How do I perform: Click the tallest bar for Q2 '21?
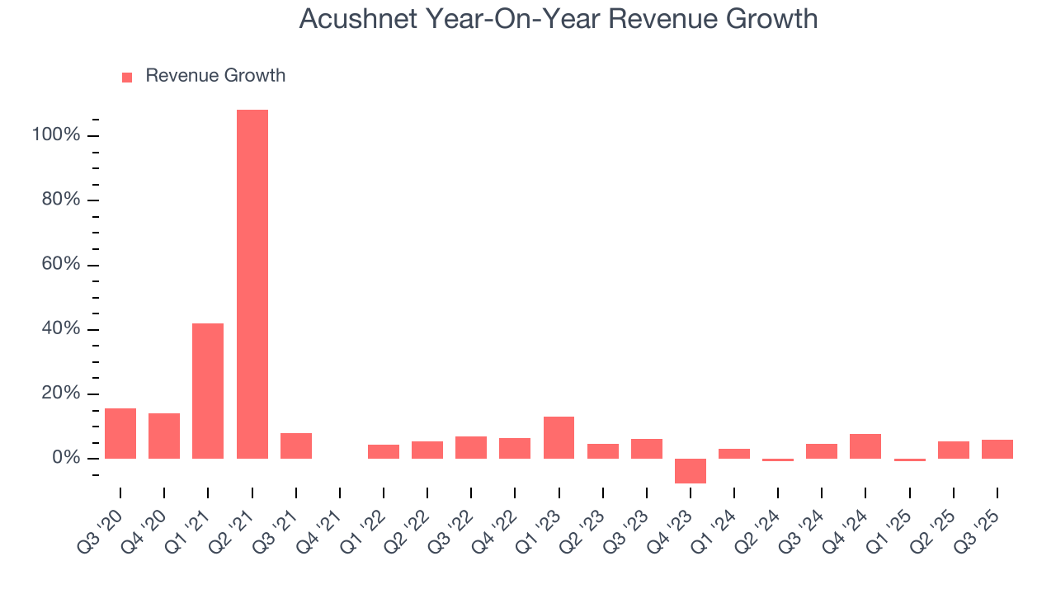[252, 284]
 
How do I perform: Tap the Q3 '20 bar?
[120, 433]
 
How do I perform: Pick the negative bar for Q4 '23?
[691, 470]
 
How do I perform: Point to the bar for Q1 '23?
[559, 437]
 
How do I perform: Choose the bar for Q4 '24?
[865, 445]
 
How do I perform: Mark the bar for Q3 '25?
[997, 449]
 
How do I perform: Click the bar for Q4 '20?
[164, 436]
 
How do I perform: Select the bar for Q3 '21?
[295, 445]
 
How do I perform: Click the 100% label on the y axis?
[56, 135]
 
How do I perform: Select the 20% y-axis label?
[60, 394]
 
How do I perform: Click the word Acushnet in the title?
[360, 19]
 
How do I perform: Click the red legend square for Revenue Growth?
[127, 77]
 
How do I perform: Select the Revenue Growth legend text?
[215, 76]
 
